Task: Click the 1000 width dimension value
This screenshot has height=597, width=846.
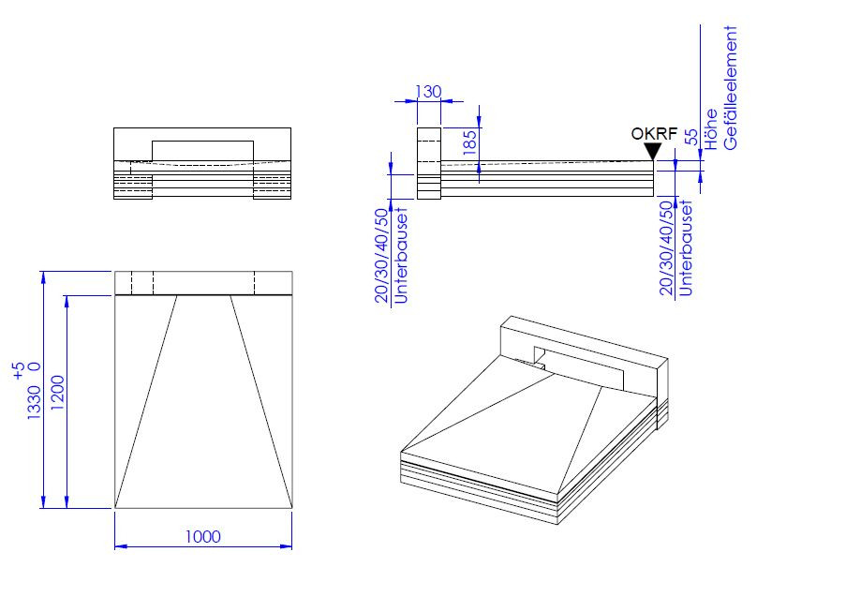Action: tap(203, 536)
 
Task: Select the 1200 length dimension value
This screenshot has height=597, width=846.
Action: tap(58, 393)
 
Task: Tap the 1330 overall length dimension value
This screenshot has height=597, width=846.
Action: tap(34, 403)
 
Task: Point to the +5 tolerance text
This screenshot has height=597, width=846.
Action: tap(19, 371)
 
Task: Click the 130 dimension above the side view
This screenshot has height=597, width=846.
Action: tap(428, 92)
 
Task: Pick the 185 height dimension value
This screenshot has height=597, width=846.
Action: tap(470, 142)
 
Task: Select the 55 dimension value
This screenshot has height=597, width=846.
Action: tap(691, 137)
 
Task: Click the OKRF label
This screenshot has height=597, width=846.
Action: tap(654, 134)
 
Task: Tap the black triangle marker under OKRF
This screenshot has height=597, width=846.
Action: tap(653, 151)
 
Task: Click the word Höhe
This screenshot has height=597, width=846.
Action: tap(710, 129)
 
